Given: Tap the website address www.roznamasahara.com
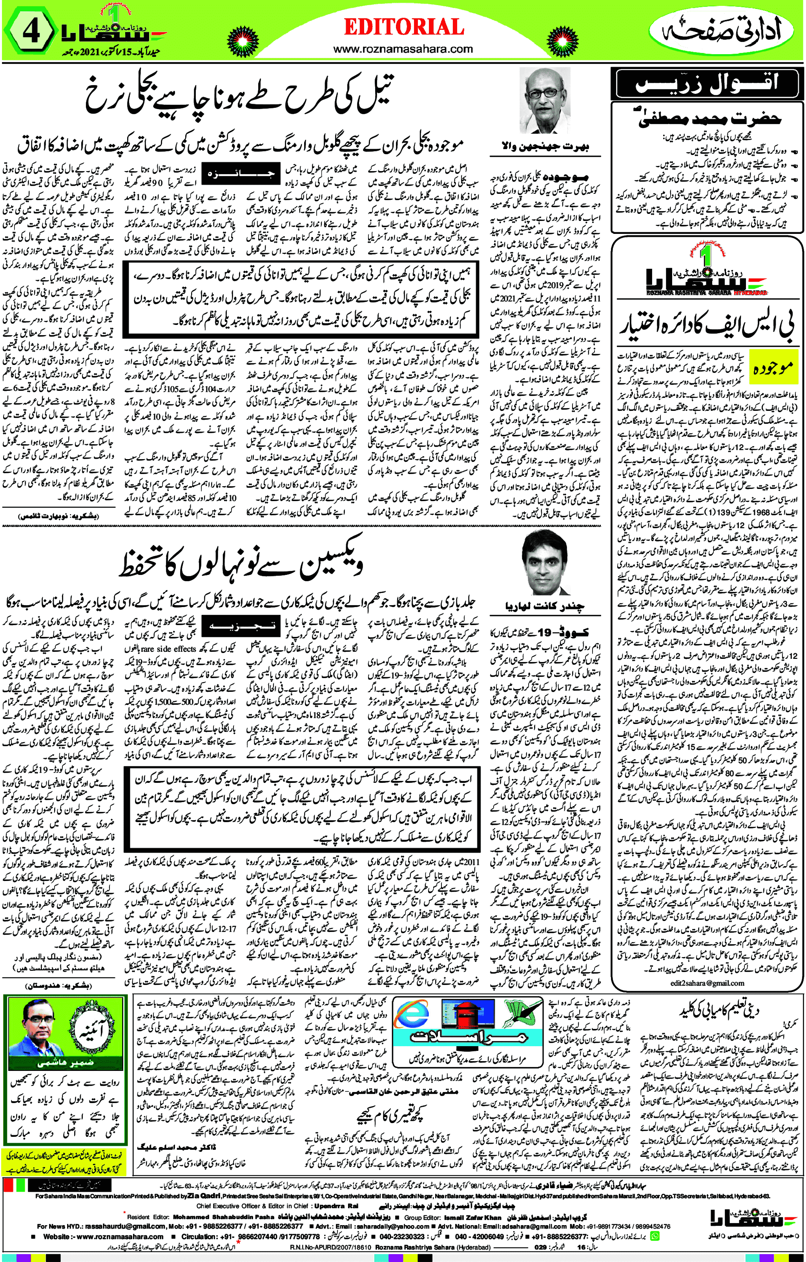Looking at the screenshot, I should click(x=403, y=49).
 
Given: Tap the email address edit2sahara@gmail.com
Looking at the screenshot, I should click(x=708, y=983).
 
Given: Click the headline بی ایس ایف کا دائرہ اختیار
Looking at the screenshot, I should click(x=708, y=325).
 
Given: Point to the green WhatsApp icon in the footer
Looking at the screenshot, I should click(x=655, y=1236).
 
